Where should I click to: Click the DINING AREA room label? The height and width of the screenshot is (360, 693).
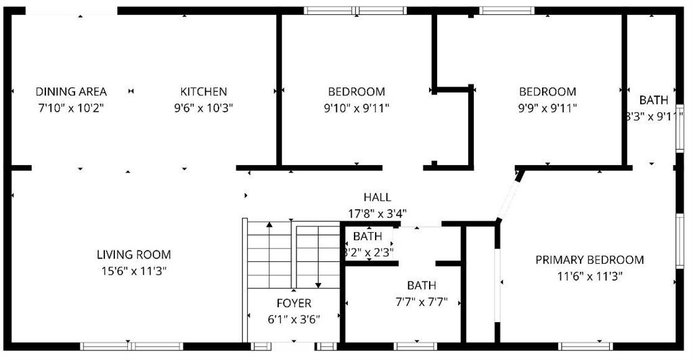pos(71,92)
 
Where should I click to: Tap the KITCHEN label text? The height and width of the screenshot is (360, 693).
pos(203,92)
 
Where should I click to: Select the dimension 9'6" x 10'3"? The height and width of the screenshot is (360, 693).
pos(203,108)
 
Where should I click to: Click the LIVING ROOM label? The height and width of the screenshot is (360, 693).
pos(133,255)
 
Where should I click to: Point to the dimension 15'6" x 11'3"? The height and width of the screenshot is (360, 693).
pos(133,271)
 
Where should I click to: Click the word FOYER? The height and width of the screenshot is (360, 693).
pos(294,303)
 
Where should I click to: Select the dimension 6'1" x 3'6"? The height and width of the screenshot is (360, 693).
pos(294,319)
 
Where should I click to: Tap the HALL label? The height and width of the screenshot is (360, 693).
pos(377,198)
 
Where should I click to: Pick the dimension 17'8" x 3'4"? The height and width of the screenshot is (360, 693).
pos(377,213)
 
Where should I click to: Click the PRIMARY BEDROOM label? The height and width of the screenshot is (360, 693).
pos(589,260)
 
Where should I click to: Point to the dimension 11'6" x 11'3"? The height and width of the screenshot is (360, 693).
pos(589,275)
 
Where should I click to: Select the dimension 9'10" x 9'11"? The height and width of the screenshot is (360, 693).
pos(357,108)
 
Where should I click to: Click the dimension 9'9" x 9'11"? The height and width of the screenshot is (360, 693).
pos(547,108)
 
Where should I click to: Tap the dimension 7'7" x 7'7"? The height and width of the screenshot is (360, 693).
pos(421,301)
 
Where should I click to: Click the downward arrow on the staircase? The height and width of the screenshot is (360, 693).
pos(317,283)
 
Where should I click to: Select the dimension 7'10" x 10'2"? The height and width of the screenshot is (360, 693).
pos(71,108)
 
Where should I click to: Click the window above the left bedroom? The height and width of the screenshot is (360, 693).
pos(355,10)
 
